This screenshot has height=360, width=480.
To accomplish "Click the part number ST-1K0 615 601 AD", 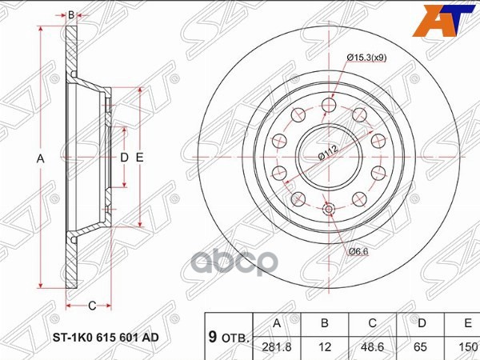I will [106, 337].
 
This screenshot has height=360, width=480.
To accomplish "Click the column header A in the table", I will [277, 324].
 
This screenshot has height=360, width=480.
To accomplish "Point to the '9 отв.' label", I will [227, 337].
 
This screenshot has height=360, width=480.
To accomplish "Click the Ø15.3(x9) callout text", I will [368, 56].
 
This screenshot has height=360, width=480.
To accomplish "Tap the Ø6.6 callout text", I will [358, 253].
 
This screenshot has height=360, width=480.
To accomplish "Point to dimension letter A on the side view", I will [40, 158].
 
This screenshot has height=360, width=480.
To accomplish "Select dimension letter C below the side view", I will [92, 305].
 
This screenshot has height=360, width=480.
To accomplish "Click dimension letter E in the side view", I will [139, 158].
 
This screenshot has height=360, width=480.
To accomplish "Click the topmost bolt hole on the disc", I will [328, 106].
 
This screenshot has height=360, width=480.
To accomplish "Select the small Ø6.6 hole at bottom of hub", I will [329, 210].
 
